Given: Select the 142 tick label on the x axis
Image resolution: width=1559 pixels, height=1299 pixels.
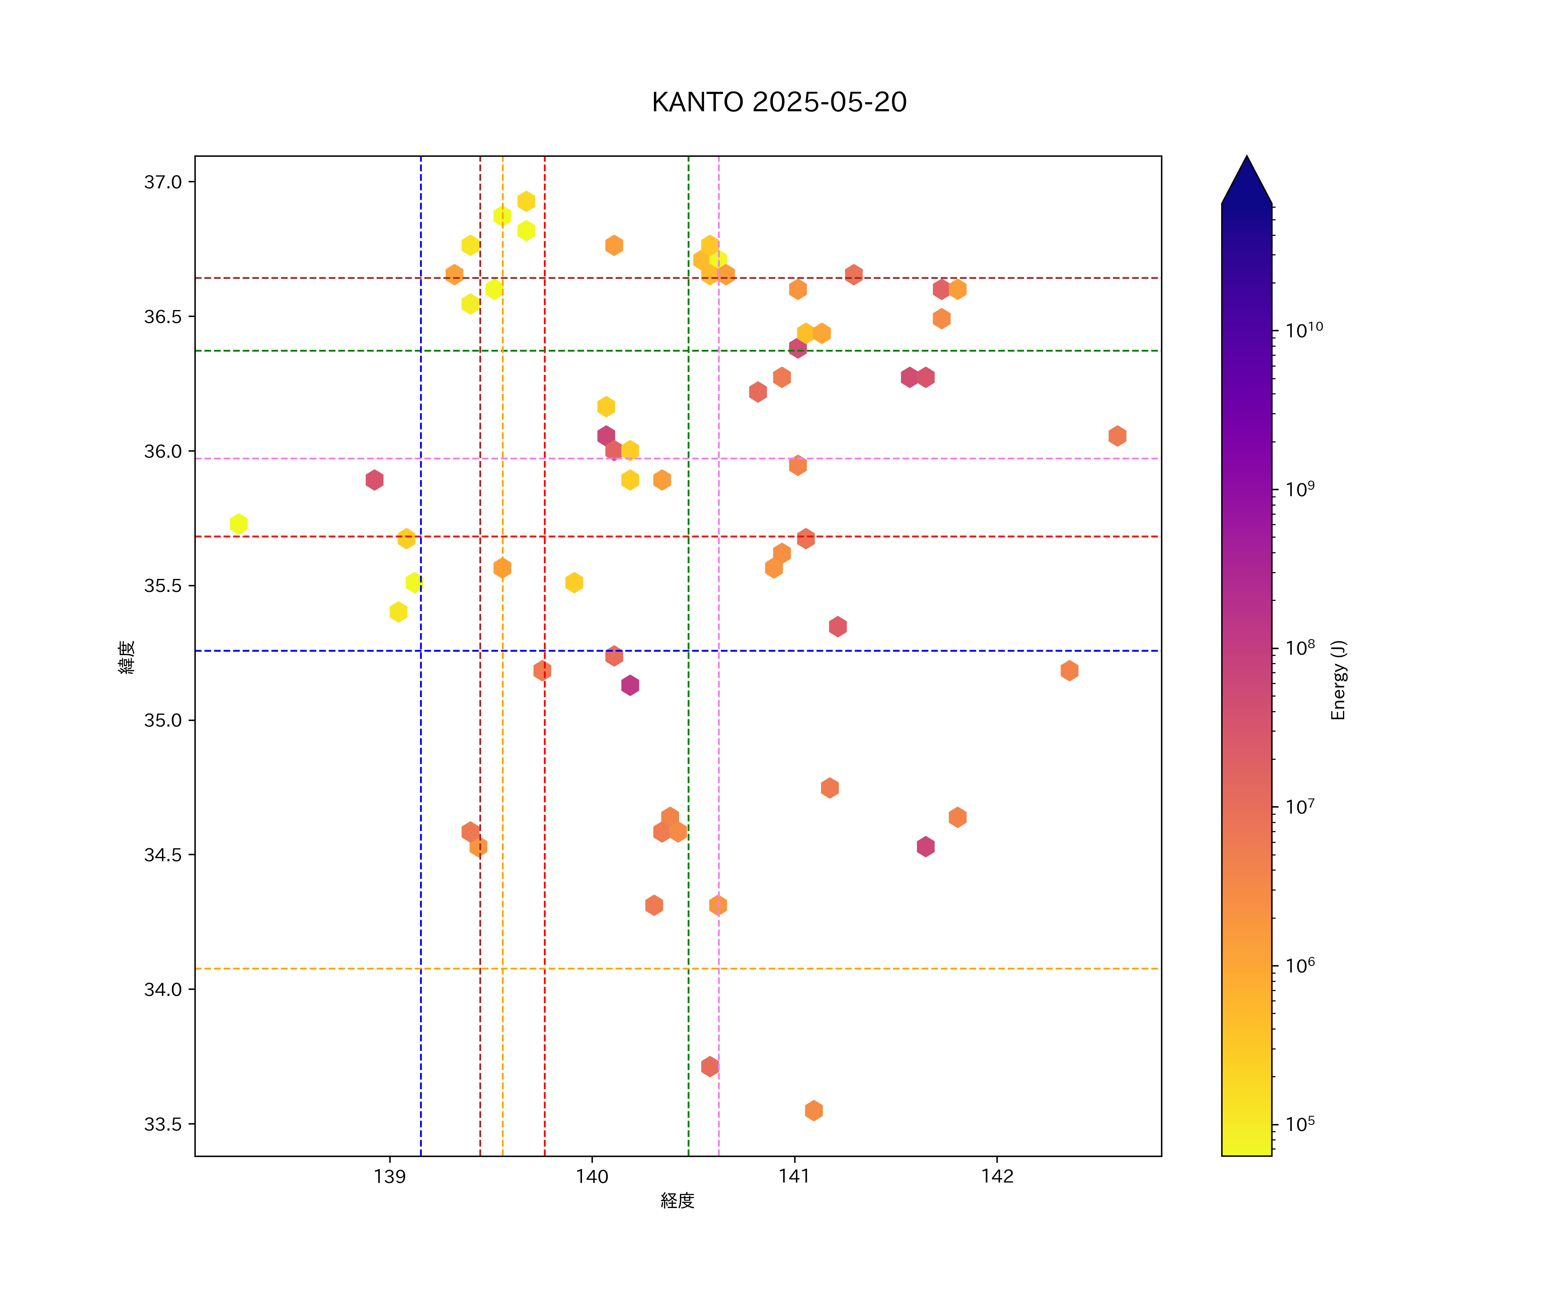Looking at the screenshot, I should pos(996,1176).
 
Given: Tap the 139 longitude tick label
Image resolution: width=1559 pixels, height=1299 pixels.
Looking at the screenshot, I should pos(390,1176).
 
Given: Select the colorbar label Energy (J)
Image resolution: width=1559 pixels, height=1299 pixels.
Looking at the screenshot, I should pos(1338,680).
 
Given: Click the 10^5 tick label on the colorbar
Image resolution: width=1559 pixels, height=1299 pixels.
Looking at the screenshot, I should pos(1300,1124).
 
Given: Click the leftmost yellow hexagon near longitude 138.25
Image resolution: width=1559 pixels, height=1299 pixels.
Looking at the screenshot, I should pos(238,524).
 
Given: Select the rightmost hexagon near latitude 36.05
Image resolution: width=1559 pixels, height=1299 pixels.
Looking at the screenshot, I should pos(1117,436).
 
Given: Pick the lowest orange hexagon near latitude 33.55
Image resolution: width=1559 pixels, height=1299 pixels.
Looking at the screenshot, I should pos(814,1111).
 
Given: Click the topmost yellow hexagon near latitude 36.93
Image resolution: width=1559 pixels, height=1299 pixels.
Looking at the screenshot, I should pos(526,201).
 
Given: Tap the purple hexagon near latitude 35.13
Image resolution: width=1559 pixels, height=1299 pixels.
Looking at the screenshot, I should pos(630,685).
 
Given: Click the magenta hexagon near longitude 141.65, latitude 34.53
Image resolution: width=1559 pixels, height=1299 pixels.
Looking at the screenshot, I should pos(925,846).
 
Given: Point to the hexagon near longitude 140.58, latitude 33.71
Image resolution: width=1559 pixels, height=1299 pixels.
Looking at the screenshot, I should pos(710,1066).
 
